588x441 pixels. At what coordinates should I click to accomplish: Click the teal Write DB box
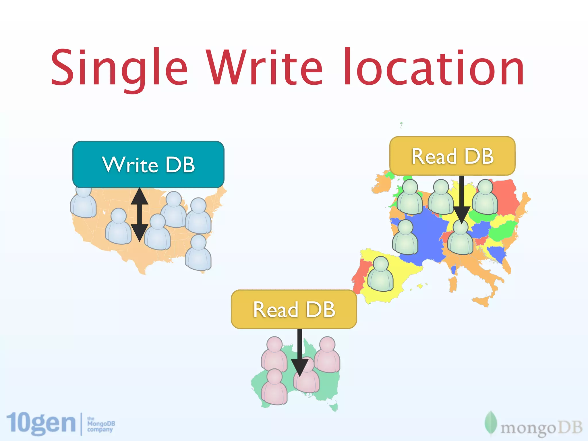click(x=148, y=165)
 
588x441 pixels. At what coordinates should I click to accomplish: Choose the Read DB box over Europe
click(x=452, y=156)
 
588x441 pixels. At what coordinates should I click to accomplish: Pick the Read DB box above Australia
click(x=294, y=310)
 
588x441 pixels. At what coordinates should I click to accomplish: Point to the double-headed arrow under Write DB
click(x=140, y=214)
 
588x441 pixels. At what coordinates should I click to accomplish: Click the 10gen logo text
click(x=41, y=423)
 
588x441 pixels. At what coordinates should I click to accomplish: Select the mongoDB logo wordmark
click(x=541, y=428)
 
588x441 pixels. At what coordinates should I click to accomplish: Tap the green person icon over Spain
click(x=380, y=274)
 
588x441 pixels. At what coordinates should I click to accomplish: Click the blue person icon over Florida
click(x=198, y=253)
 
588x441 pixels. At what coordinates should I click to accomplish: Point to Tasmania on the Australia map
click(x=334, y=407)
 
